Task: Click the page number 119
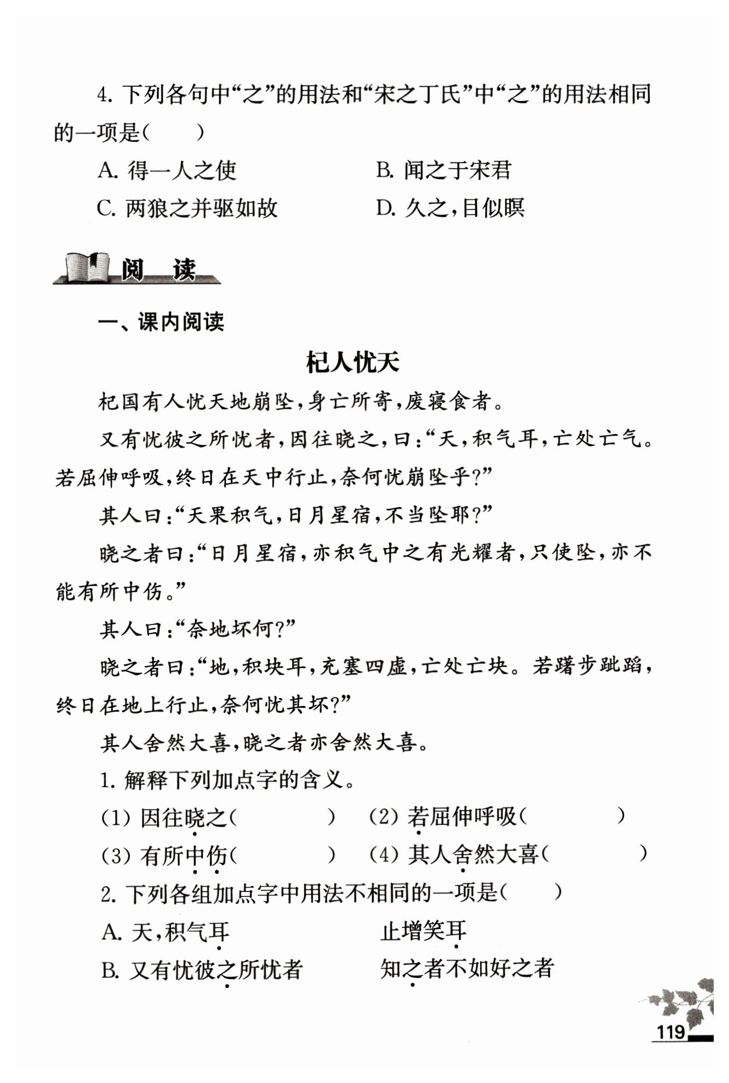[x=670, y=1031]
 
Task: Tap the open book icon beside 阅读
[x=85, y=268]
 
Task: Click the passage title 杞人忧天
[x=352, y=363]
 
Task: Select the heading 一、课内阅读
[x=161, y=322]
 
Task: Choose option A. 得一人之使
[x=167, y=171]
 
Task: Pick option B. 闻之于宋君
[x=443, y=171]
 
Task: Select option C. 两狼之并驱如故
[x=187, y=208]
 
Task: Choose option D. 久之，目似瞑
[x=450, y=208]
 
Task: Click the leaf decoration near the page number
[x=686, y=997]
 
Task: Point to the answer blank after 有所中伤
[x=282, y=854]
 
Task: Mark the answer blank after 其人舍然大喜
[x=595, y=854]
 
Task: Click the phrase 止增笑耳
[x=423, y=932]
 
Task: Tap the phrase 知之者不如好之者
[x=467, y=969]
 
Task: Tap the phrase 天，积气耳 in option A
[x=180, y=932]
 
